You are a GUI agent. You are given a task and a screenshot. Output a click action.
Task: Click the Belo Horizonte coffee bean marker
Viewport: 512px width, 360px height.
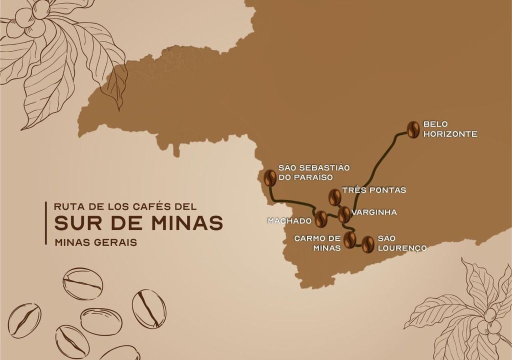pyautogui.click(x=413, y=129)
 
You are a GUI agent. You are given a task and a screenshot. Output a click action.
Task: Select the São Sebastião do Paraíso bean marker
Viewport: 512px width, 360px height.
pyautogui.click(x=270, y=178)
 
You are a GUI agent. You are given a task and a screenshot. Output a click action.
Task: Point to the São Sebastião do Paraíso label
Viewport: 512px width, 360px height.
pyautogui.click(x=306, y=172)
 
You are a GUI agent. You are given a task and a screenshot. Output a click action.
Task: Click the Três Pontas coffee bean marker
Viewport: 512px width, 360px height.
pyautogui.click(x=334, y=197)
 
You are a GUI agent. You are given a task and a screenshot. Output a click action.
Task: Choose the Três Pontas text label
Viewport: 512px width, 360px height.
pyautogui.click(x=374, y=190)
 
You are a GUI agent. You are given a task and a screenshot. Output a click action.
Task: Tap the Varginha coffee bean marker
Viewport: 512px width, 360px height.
pyautogui.click(x=344, y=214)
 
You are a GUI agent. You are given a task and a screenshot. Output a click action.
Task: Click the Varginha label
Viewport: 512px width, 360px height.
pyautogui.click(x=374, y=212)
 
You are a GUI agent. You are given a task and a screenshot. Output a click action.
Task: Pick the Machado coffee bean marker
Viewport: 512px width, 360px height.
pyautogui.click(x=320, y=218)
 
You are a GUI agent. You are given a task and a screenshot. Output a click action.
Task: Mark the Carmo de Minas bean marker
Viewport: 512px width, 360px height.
pyautogui.click(x=350, y=239)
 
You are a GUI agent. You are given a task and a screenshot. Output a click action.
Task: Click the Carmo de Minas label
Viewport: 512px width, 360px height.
pyautogui.click(x=317, y=243)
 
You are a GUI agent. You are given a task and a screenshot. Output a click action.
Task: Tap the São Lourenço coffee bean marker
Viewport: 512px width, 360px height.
pyautogui.click(x=368, y=244)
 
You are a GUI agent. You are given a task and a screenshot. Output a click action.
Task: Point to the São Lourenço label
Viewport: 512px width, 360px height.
pyautogui.click(x=402, y=243)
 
